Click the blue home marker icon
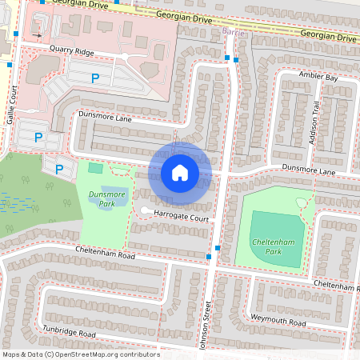click(180, 172)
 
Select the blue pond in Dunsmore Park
click(114, 194)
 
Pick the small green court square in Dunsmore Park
click(95, 168)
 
